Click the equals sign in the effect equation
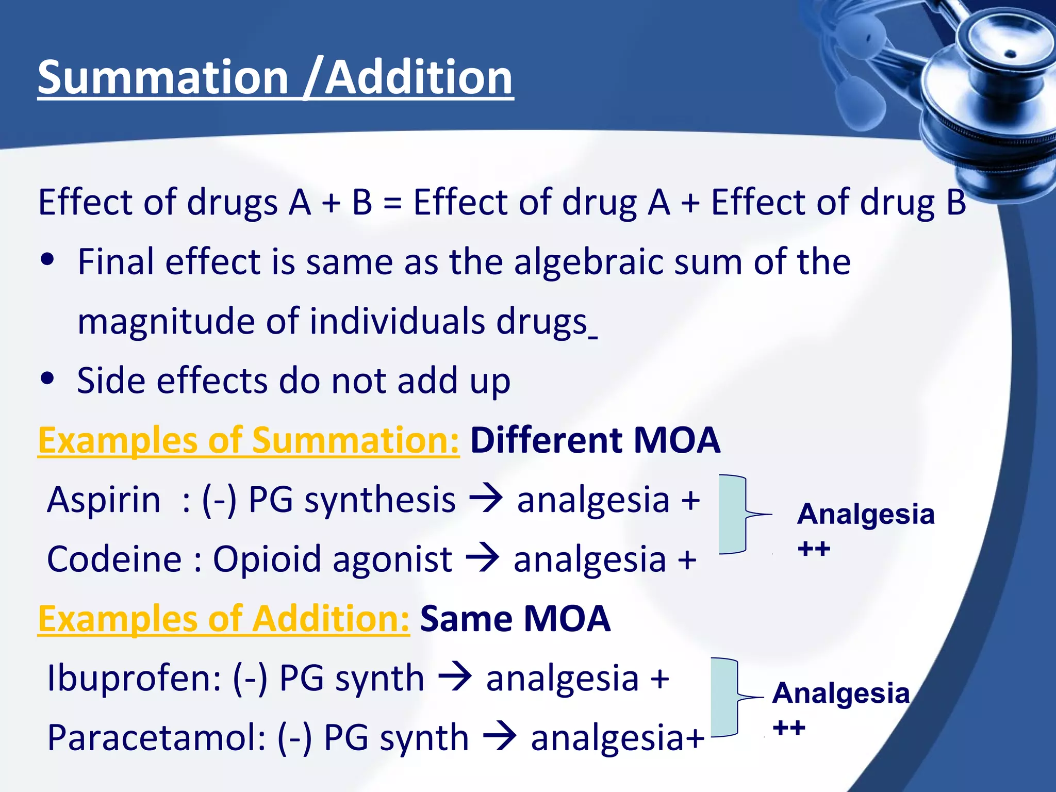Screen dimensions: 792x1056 [x=392, y=202]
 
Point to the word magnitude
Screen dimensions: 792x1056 [x=166, y=322]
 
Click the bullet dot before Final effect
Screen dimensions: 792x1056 [x=47, y=259]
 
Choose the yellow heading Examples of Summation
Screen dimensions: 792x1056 [x=249, y=441]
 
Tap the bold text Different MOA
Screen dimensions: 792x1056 [x=595, y=441]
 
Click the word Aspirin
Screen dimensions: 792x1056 [x=104, y=500]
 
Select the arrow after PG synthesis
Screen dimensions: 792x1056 [x=485, y=499]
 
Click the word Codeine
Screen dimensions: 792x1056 [x=114, y=559]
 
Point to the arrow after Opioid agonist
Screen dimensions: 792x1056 [x=482, y=558]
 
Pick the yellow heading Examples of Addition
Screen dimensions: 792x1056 [x=224, y=619]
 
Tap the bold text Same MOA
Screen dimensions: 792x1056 [x=515, y=619]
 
